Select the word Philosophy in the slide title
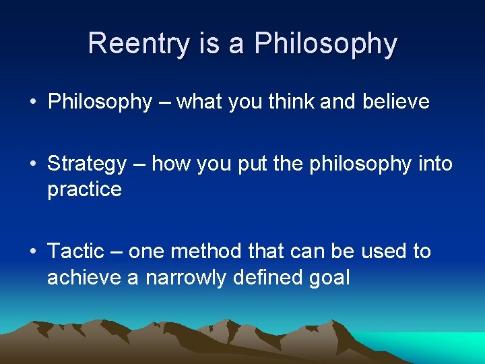point(325,44)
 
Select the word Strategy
point(87,164)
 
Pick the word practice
point(84,189)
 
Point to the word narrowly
point(191,277)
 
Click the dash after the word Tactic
point(116,252)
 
